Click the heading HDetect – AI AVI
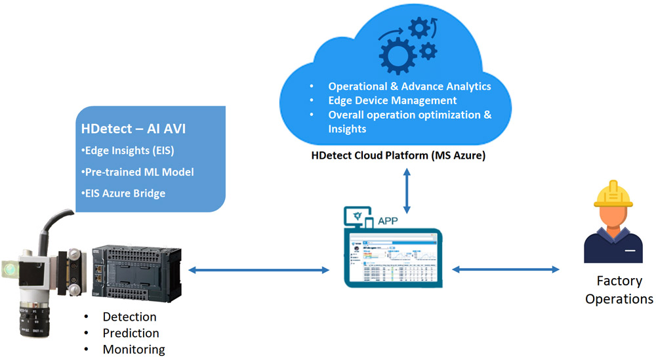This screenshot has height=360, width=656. point(133,129)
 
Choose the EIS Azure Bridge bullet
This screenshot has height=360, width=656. point(125,193)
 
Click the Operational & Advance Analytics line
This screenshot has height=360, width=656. point(409,87)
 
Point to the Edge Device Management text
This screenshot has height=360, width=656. point(392,101)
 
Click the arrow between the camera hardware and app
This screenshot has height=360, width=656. point(258,270)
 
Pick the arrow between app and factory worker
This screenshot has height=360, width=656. point(505,270)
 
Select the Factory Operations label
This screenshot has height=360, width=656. point(619,290)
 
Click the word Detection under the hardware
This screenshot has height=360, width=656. point(129,317)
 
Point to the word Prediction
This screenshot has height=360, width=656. point(131,333)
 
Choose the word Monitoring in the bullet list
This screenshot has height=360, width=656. point(134,350)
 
